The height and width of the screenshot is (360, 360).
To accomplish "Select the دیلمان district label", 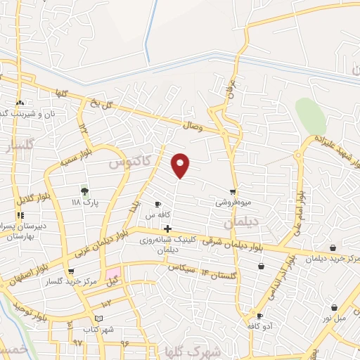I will click(x=241, y=222).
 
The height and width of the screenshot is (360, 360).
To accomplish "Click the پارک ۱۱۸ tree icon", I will click(x=84, y=191).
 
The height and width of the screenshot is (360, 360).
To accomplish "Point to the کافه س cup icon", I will click(x=167, y=204).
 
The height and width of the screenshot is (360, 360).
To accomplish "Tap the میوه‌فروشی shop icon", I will click(x=233, y=192).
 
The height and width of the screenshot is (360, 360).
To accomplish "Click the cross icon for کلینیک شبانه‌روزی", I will click(x=167, y=229).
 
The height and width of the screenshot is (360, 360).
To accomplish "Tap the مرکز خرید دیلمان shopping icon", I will click(x=333, y=247).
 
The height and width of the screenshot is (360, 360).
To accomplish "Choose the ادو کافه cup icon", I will click(x=259, y=316).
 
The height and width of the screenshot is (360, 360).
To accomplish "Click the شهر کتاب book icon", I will click(x=108, y=319).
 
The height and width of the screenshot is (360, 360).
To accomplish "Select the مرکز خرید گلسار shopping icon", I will click(x=70, y=271).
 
